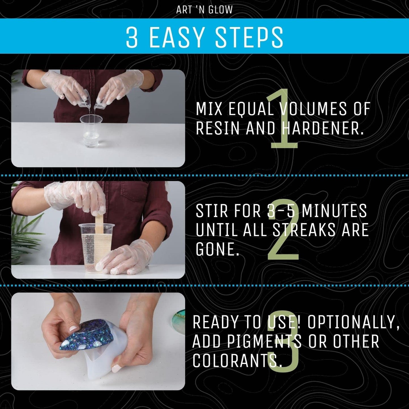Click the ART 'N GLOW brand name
click(x=204, y=10)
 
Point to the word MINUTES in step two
click(x=334, y=211)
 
